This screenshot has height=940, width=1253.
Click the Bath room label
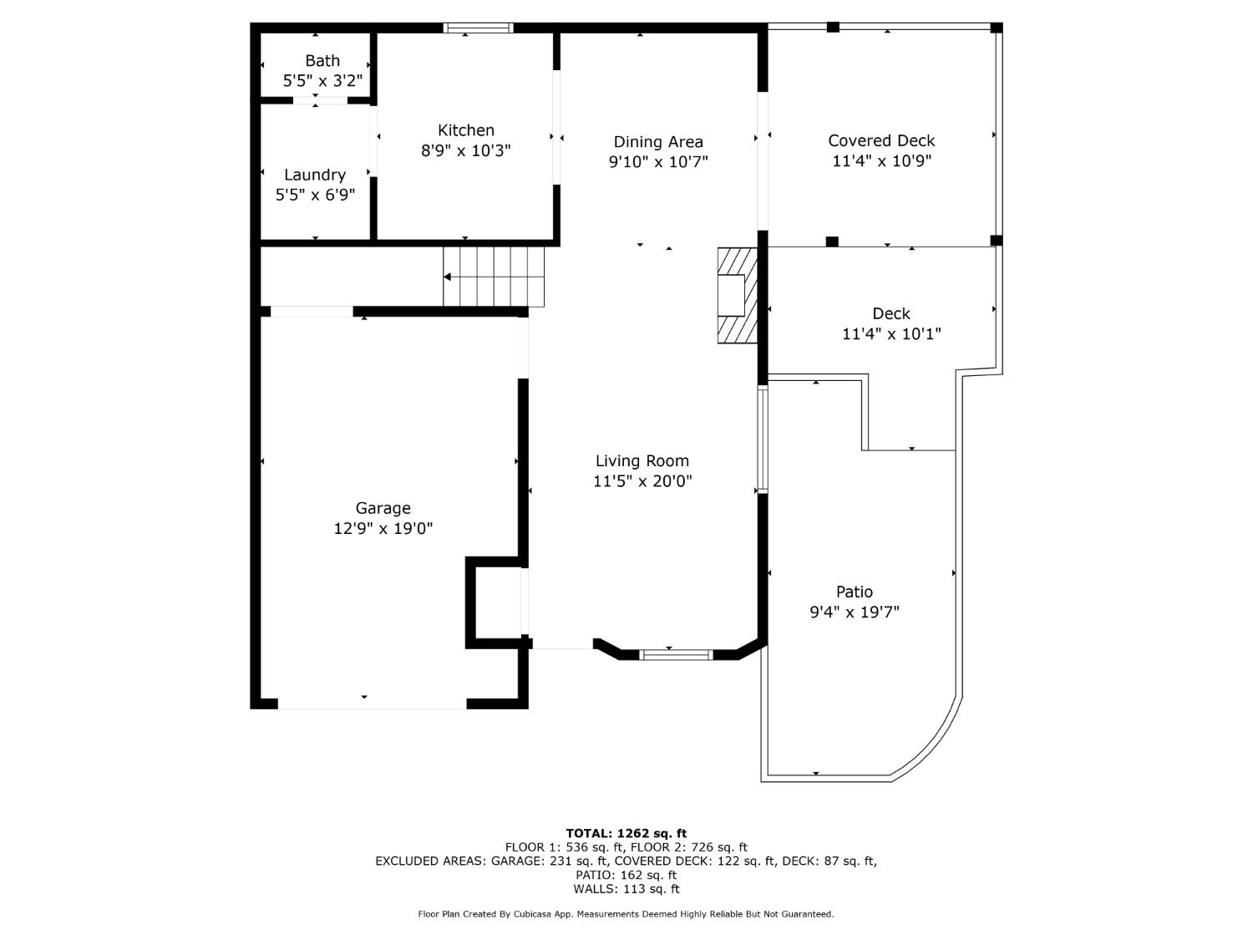(x=322, y=61)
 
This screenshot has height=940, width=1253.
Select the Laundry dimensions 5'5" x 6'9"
(x=315, y=195)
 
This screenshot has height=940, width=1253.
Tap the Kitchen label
(x=466, y=130)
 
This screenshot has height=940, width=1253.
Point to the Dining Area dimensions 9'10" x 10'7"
(x=658, y=162)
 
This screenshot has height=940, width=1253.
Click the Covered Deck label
(x=881, y=140)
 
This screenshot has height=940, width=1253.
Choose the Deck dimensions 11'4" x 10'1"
(x=891, y=333)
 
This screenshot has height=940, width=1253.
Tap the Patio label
(x=855, y=592)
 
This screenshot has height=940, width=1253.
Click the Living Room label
(x=642, y=460)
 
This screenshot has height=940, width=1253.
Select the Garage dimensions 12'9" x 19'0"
(x=383, y=528)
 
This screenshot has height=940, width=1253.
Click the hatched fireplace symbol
(x=738, y=295)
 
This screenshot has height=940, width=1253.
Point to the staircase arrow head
(x=448, y=277)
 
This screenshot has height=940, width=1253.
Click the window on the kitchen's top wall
(x=478, y=28)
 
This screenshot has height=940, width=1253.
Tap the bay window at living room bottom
(x=677, y=654)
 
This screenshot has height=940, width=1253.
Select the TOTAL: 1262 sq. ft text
(x=626, y=833)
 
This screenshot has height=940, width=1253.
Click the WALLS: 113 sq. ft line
(x=626, y=889)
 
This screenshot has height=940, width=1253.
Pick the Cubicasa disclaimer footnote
(x=626, y=914)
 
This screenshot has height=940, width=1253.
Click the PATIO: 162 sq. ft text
(x=626, y=875)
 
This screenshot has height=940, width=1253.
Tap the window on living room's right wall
(x=762, y=438)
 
